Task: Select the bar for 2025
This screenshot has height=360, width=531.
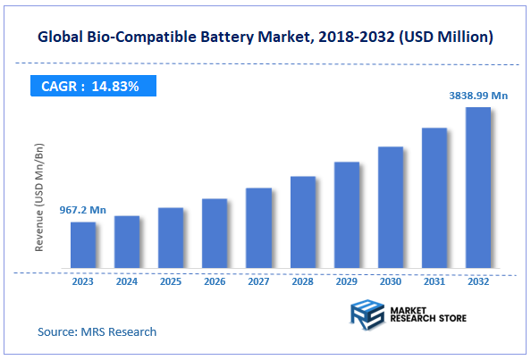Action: [x=171, y=239]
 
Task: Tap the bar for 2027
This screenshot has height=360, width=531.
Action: [x=258, y=229]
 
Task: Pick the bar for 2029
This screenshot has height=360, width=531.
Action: [x=346, y=215]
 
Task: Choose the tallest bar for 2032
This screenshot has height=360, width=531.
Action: [x=478, y=188]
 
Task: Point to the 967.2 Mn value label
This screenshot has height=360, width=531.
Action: [x=83, y=210]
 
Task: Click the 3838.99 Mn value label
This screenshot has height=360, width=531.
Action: [x=478, y=94]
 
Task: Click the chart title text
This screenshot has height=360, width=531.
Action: [x=265, y=38]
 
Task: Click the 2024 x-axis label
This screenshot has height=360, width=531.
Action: [x=127, y=281]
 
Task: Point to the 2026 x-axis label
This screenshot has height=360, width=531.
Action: [x=215, y=281]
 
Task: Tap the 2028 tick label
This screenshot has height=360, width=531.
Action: [x=302, y=281]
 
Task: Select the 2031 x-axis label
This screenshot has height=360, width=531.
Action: [x=434, y=281]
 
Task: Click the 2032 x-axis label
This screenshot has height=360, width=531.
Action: [x=478, y=281]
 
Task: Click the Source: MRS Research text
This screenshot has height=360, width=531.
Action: [x=97, y=331]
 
